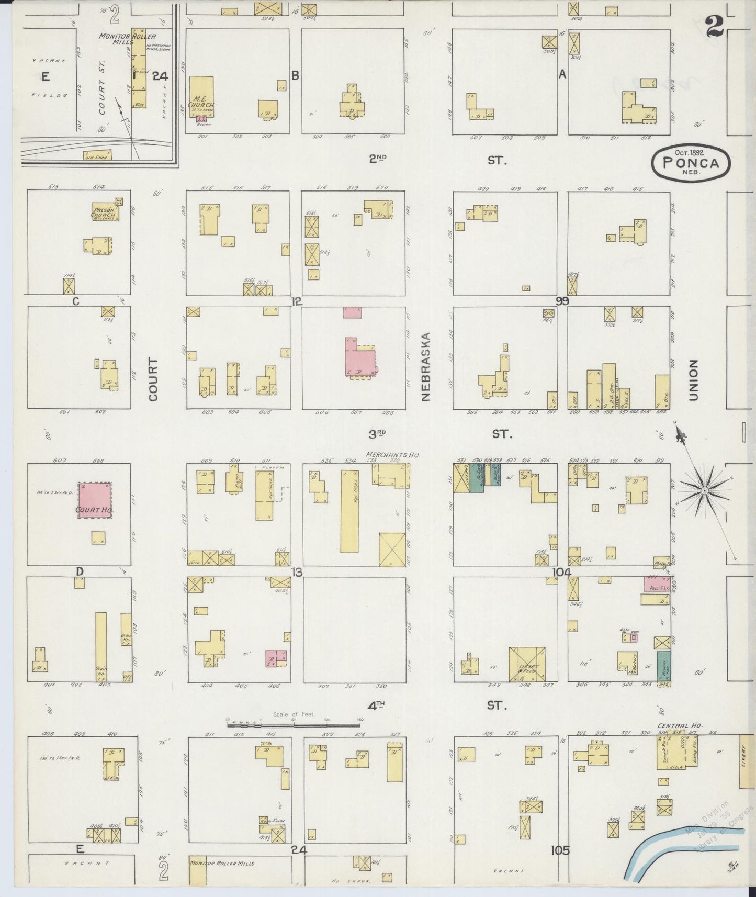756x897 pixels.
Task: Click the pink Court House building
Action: coord(95,500)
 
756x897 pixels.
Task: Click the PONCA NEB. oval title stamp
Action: coord(690,163)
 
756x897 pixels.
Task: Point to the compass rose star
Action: coord(704,490)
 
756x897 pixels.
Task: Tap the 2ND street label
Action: coord(377,160)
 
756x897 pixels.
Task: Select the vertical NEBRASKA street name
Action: coord(425,366)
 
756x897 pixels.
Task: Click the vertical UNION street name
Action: coord(694,380)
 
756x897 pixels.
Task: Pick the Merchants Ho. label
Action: coord(393,455)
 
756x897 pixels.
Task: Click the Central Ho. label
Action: coord(680,726)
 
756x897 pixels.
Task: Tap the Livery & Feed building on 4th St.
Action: coord(527,664)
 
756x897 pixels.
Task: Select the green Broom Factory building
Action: coord(663,666)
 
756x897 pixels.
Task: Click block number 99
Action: coord(562,301)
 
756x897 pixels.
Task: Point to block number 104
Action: coord(561,573)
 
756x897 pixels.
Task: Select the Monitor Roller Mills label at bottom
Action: coord(222,863)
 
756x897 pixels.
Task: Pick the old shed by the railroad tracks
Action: coord(97,156)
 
